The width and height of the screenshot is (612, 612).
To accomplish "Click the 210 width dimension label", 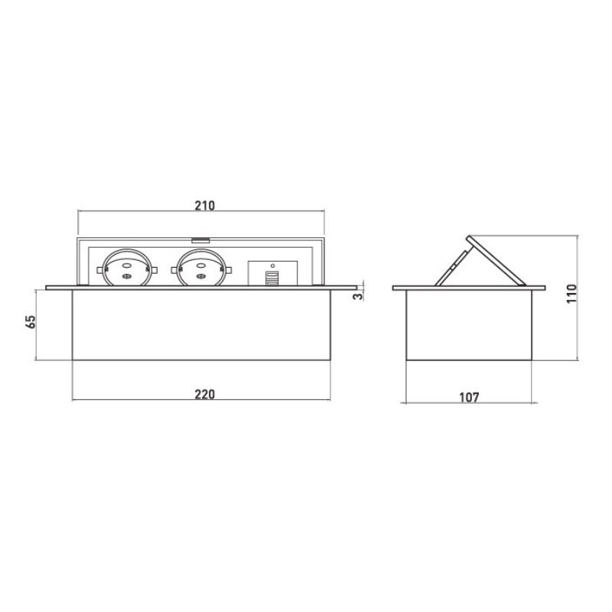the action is click(x=204, y=205).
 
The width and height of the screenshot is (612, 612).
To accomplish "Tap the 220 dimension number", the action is click(x=204, y=394).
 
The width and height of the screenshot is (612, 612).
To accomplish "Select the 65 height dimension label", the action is click(x=31, y=321).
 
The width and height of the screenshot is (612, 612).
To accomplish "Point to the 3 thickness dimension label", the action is click(x=357, y=296).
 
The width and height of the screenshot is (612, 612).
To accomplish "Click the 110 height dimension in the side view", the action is click(x=571, y=294).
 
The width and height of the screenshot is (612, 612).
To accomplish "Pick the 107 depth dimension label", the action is click(x=469, y=397).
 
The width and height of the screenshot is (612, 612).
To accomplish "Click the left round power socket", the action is click(x=126, y=268).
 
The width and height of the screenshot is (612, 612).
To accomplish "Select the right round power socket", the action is click(x=201, y=268).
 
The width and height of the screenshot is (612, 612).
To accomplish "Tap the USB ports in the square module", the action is click(x=272, y=278).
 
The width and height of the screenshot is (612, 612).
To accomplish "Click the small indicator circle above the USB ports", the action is click(x=272, y=265).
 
